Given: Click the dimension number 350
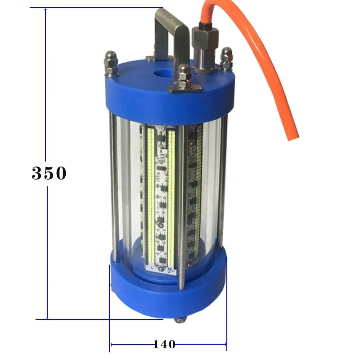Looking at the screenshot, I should coord(49,173).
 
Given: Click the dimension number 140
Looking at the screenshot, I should coord(164,345).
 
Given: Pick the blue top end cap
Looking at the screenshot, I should coord(135,94).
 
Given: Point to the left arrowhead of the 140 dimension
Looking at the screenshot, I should coord(112,345).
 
